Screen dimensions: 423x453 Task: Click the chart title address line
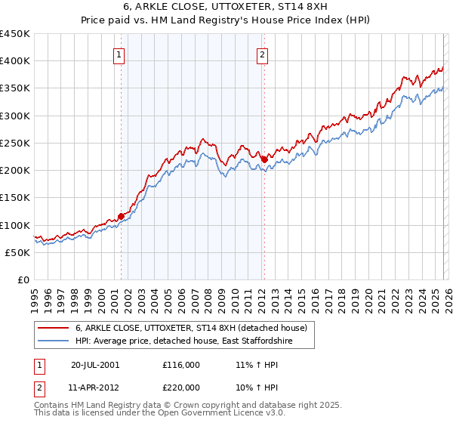coord(226,7)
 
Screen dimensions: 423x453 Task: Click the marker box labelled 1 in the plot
coord(120,54)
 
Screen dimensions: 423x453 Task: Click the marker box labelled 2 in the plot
coord(262,54)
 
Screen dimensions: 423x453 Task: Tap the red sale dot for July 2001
coord(121,216)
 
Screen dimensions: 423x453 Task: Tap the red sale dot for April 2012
coord(263,159)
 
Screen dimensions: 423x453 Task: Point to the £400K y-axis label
coord(15,61)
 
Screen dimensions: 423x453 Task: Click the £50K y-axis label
coord(18,252)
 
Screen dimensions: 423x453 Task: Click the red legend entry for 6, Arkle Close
coord(191,329)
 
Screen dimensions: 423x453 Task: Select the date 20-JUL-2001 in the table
coord(96,364)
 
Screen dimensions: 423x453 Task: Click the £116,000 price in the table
coord(181,364)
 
